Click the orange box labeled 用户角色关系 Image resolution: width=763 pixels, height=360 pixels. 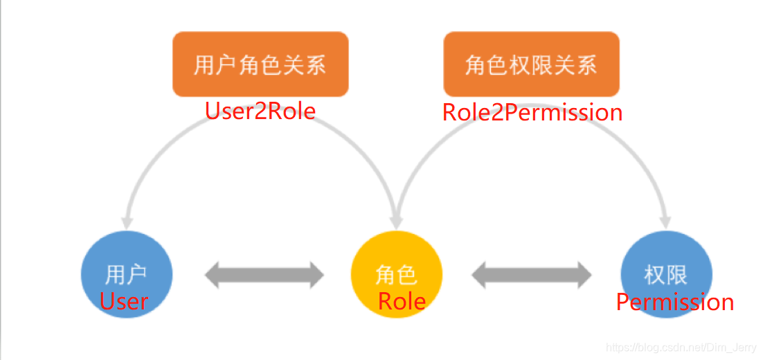click(x=260, y=64)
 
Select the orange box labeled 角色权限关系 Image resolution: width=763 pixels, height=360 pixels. click(x=531, y=64)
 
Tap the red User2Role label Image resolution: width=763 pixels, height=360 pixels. click(x=260, y=111)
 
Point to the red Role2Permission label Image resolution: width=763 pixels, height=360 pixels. click(x=532, y=112)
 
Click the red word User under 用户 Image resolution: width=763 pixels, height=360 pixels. click(x=124, y=301)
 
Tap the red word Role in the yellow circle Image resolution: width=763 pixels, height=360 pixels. click(x=402, y=301)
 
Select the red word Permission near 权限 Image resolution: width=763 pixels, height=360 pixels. click(x=675, y=302)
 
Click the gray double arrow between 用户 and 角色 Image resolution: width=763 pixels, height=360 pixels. click(x=264, y=275)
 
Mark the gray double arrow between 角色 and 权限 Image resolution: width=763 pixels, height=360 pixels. click(x=532, y=275)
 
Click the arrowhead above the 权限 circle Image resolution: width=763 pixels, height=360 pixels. click(x=665, y=222)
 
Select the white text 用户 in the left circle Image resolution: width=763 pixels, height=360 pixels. click(x=126, y=275)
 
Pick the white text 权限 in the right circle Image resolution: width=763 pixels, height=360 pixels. click(x=665, y=275)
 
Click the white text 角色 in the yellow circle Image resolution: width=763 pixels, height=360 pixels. click(x=397, y=275)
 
